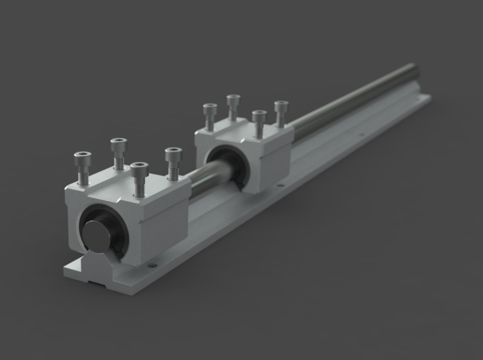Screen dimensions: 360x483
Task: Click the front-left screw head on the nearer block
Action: (83, 156)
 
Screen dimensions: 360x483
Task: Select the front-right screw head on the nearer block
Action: (139, 167)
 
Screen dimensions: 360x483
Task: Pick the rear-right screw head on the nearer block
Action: (173, 152)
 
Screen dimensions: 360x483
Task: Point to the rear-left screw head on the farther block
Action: (234, 99)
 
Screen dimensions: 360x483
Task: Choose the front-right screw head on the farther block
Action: (259, 115)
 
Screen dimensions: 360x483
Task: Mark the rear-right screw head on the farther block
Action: (281, 105)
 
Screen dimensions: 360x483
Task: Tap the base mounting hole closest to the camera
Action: (151, 263)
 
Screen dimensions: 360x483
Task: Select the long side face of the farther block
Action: (274, 160)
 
